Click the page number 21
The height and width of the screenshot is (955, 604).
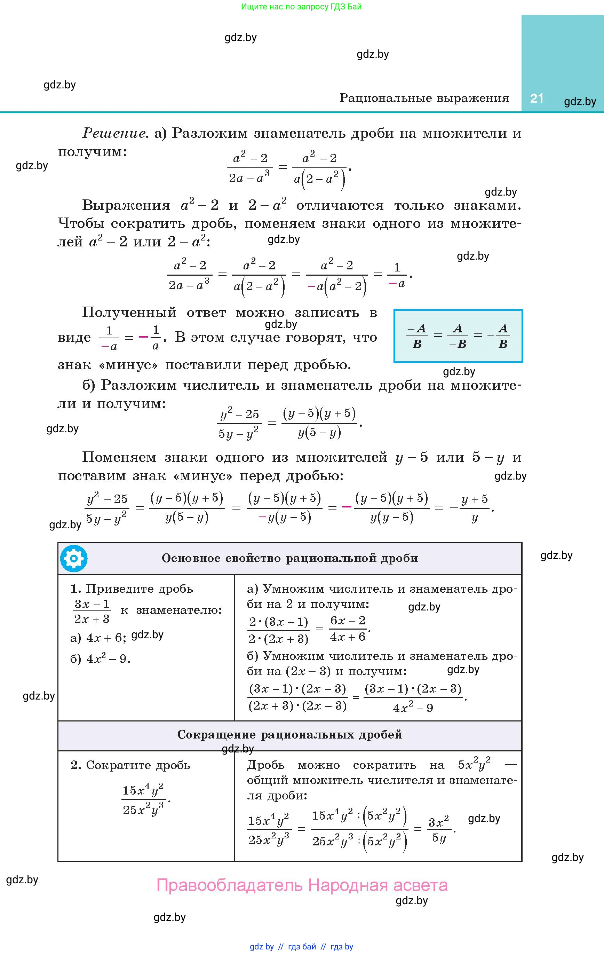(537, 98)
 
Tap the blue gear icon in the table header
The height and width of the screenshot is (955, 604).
(74, 558)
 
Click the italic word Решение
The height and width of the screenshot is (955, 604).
(113, 133)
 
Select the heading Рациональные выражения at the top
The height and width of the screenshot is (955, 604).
(424, 98)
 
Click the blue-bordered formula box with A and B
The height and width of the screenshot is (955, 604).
(458, 336)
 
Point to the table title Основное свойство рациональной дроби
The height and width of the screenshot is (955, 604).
(289, 558)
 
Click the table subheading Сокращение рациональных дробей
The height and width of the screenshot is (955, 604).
(289, 735)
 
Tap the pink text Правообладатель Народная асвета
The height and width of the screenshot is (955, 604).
(302, 885)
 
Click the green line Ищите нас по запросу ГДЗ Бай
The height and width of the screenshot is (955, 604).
(301, 7)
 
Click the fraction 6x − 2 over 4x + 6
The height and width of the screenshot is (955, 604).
(348, 629)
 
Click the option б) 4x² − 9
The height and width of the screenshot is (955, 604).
(100, 659)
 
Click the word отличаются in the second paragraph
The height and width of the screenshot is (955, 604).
(340, 205)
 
